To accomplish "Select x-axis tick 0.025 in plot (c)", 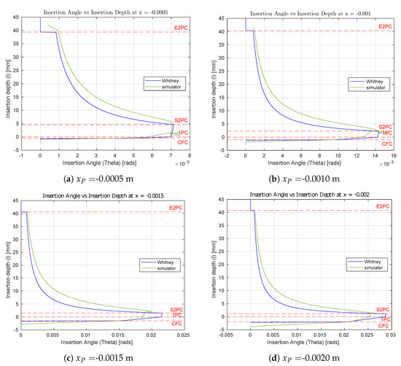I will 184,335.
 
